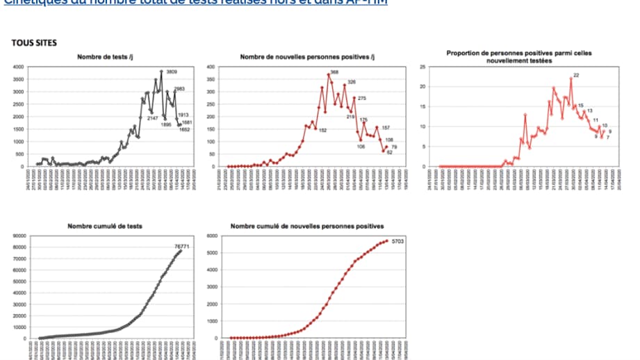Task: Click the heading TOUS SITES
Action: [x=34, y=43]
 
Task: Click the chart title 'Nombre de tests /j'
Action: [x=104, y=56]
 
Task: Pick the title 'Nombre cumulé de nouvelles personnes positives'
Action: [x=307, y=227]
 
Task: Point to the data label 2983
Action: [x=180, y=89]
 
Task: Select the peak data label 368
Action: [x=334, y=72]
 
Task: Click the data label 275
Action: [x=361, y=98]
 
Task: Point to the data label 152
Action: [x=322, y=130]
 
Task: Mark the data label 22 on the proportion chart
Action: [x=576, y=75]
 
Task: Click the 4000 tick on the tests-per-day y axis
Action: [x=19, y=67]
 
